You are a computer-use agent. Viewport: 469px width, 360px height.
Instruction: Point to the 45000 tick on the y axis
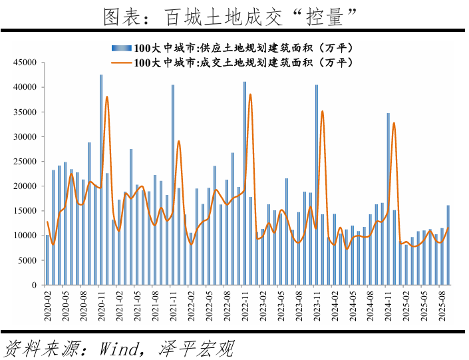click(x=26, y=63)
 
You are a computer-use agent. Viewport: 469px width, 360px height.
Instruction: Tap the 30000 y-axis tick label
click(x=26, y=136)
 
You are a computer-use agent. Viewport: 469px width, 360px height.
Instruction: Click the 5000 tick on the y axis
click(x=29, y=260)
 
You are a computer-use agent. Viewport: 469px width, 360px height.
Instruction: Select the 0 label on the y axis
click(x=38, y=285)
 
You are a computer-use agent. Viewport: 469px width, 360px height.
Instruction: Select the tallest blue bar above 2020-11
click(x=101, y=180)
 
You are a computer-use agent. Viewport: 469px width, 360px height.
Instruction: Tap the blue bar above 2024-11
click(x=389, y=199)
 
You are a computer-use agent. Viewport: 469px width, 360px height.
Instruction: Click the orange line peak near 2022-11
click(x=251, y=94)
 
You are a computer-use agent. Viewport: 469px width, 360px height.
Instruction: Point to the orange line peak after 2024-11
click(x=394, y=123)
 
